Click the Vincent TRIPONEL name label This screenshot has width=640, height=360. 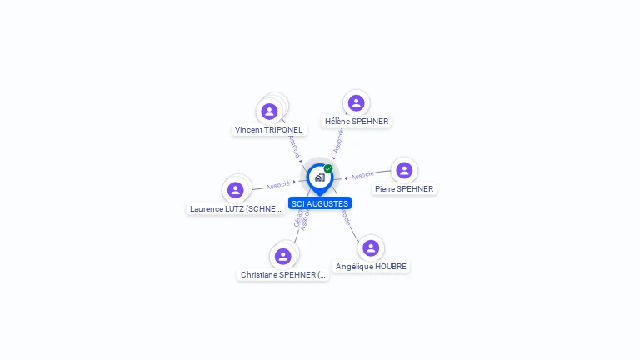268,130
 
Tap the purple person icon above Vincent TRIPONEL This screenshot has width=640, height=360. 269,112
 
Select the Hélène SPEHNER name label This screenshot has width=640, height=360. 357,122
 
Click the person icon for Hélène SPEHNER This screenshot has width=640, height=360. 357,103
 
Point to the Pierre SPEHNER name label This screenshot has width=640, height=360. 404,189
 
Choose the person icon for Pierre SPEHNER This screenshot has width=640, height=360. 404,171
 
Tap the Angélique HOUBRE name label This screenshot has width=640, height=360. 372,267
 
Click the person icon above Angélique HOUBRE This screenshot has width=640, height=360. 371,248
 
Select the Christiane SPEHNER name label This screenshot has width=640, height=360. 283,275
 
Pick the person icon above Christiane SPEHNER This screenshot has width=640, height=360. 283,257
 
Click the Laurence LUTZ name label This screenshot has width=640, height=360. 237,209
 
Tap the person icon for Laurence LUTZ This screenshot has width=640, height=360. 236,190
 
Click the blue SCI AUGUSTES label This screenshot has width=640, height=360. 320,203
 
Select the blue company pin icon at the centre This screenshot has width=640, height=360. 319,177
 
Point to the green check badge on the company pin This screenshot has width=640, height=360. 328,169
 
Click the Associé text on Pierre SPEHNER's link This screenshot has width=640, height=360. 362,176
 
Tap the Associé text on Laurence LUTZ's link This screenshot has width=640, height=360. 278,185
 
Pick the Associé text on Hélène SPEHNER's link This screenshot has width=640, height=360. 338,140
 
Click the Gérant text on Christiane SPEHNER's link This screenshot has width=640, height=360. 297,219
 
